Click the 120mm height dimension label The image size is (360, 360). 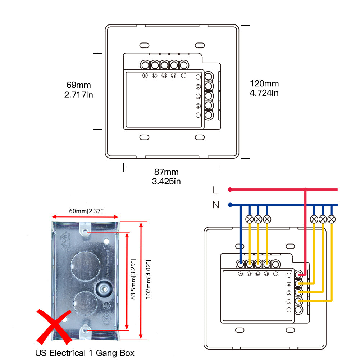(264, 84)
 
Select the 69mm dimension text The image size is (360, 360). (79, 85)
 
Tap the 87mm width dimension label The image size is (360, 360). (166, 172)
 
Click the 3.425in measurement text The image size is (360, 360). (166, 181)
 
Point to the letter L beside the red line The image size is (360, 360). (215, 190)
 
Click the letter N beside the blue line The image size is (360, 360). (216, 205)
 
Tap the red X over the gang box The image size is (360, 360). (54, 326)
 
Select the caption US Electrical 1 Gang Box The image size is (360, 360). (85, 353)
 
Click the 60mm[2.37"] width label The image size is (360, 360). (85, 210)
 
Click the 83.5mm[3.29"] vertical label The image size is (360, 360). (133, 279)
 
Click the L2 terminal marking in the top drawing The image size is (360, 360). (164, 76)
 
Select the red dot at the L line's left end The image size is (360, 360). (229, 189)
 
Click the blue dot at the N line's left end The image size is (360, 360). (229, 205)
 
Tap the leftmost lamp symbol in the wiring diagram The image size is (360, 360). (249, 219)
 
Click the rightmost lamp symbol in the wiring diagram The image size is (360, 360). (332, 219)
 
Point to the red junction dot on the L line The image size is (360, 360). (305, 189)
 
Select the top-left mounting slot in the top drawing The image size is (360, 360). (144, 45)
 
